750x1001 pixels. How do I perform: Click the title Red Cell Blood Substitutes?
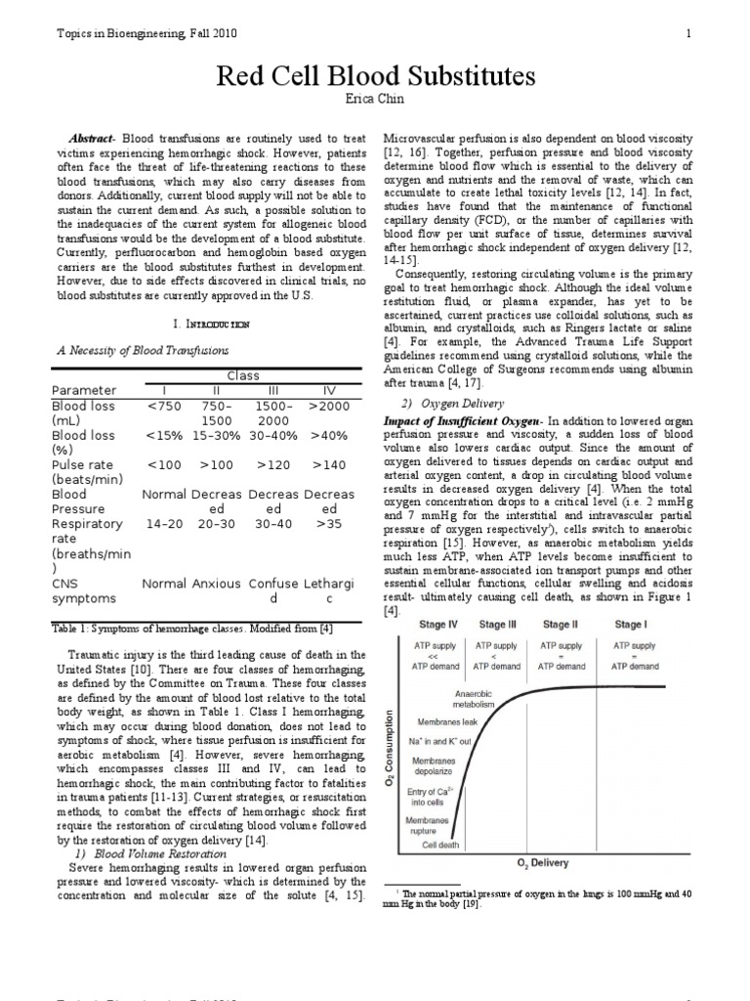pos(374,76)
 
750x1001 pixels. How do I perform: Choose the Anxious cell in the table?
pos(218,583)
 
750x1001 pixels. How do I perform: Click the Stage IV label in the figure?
pos(438,625)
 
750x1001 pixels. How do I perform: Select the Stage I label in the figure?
pos(630,625)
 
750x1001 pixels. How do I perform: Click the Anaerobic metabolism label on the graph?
pos(475,700)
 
